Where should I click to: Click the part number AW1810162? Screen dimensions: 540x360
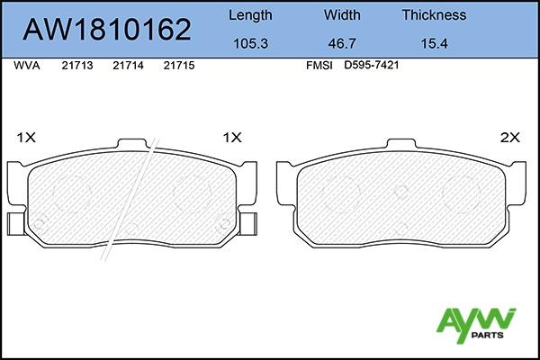tap(107, 30)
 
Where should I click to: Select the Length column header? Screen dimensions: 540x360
tap(250, 15)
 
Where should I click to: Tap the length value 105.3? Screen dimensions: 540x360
tap(250, 44)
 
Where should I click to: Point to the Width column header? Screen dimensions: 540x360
tap(342, 14)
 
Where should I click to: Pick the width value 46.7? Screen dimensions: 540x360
tap(342, 44)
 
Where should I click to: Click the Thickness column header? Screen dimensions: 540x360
tap(434, 14)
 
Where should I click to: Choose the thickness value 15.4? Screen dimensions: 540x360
tap(434, 44)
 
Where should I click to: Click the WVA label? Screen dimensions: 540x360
tap(27, 66)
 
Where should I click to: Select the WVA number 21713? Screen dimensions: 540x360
tap(77, 66)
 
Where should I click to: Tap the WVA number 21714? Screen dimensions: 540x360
tap(128, 66)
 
